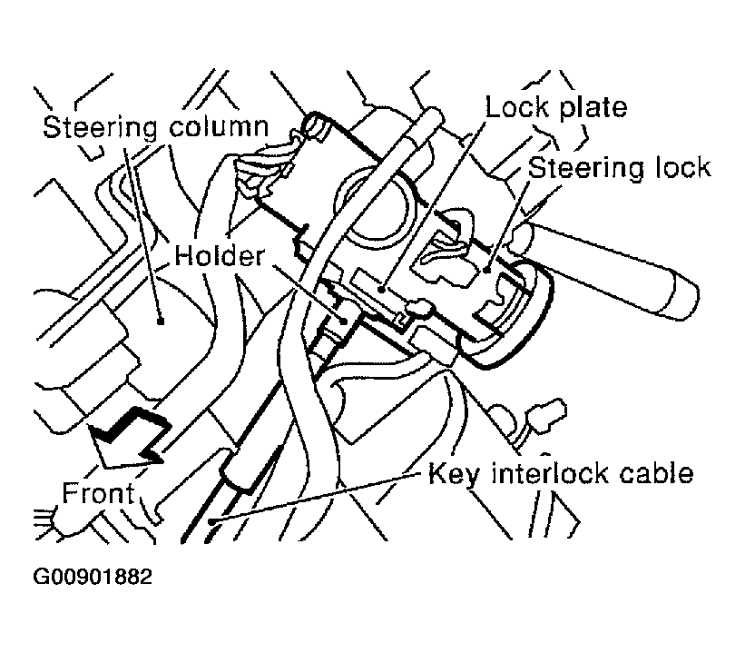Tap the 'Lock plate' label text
[556, 107]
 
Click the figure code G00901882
[93, 578]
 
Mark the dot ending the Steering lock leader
[486, 269]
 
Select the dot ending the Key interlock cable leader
[211, 520]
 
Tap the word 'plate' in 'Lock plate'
[594, 107]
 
